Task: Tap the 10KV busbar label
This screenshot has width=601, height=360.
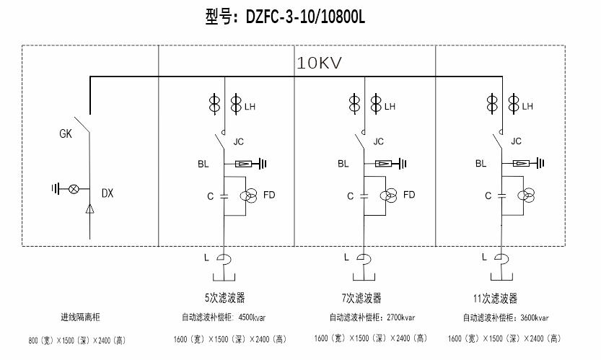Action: click(x=319, y=63)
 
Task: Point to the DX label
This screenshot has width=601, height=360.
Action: click(x=108, y=193)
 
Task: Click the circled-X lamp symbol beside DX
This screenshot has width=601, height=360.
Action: click(x=72, y=189)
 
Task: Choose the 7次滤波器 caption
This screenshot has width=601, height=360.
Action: click(x=361, y=298)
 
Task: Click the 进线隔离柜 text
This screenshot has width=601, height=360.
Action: click(x=80, y=317)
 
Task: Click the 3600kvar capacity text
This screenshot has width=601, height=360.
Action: click(x=532, y=317)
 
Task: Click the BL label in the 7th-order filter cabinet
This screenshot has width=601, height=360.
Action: click(x=343, y=164)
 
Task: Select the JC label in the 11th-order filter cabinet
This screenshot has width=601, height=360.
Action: click(x=516, y=142)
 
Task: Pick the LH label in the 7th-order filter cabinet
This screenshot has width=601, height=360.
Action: click(x=390, y=107)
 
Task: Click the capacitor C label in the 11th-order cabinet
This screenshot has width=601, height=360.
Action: click(x=488, y=196)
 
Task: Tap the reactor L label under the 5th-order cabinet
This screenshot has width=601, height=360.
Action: click(x=206, y=256)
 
